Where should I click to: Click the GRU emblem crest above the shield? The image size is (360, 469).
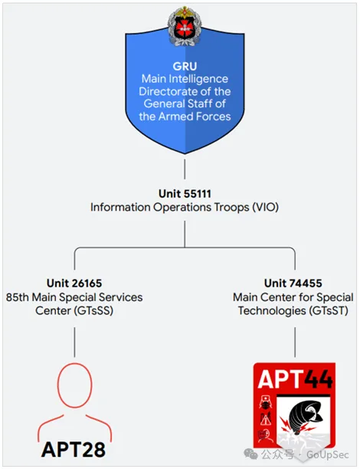click(185, 26)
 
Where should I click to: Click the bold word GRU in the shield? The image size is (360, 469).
click(185, 66)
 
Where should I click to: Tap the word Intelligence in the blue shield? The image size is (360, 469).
click(198, 79)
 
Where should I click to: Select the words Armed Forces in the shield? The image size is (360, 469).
click(195, 116)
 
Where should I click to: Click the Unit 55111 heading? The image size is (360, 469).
click(185, 194)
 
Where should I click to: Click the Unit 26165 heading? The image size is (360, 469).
click(74, 283)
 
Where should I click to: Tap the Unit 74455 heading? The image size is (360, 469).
click(293, 283)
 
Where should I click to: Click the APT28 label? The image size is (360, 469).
click(74, 449)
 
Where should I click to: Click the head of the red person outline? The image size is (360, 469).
click(74, 385)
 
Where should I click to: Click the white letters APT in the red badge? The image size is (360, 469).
click(280, 379)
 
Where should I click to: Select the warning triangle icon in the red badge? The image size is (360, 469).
click(265, 419)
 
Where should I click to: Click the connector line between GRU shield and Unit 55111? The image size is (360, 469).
click(185, 169)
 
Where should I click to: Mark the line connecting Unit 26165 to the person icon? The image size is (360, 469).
click(74, 343)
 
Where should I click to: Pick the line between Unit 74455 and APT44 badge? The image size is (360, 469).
click(295, 343)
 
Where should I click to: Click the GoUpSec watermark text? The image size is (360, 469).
click(328, 455)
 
